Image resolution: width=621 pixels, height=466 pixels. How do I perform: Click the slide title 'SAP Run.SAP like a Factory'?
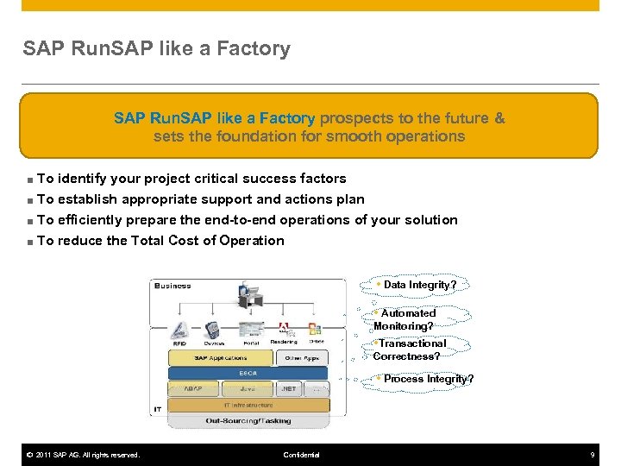coord(156,49)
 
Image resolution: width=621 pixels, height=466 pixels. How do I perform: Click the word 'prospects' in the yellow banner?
coord(354,117)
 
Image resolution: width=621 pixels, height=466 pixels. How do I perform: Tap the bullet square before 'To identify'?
coord(29,179)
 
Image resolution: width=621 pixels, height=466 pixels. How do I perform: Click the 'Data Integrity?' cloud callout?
coord(419,285)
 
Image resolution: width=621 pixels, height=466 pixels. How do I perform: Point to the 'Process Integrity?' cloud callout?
coord(426,379)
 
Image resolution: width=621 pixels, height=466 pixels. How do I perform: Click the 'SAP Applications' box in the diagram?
coord(221,358)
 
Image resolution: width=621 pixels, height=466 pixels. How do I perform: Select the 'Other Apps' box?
coord(302,358)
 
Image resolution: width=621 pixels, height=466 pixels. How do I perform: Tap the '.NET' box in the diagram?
coord(289,389)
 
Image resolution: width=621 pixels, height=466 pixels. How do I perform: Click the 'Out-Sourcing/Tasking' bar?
coord(248,421)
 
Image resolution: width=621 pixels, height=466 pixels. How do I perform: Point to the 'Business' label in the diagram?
coord(172,286)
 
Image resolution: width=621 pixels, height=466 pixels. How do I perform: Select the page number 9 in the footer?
coord(593,455)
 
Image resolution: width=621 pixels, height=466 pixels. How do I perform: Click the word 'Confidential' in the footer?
coord(301,455)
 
